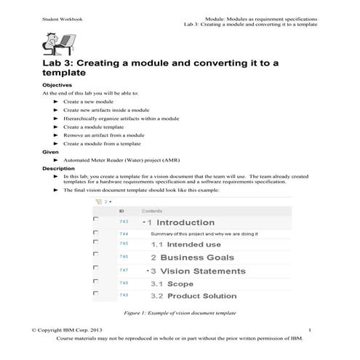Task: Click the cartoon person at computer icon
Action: click(55, 45)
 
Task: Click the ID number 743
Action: click(124, 222)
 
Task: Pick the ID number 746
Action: click(124, 257)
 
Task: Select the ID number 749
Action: click(124, 295)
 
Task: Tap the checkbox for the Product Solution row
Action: click(96, 293)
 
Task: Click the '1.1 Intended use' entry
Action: click(185, 245)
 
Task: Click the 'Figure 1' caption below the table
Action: click(180, 313)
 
